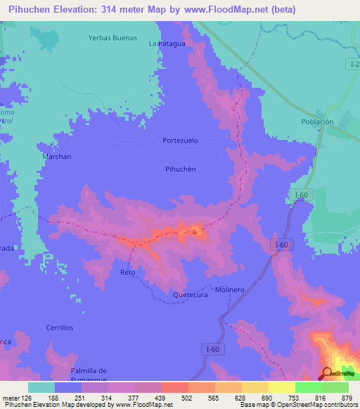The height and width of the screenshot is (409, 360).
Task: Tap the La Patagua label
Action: (x=167, y=44)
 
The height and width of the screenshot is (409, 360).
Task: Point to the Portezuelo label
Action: (x=181, y=141)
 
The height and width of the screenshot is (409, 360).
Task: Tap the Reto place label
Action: (x=127, y=272)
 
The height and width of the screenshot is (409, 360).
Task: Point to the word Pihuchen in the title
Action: (x=31, y=10)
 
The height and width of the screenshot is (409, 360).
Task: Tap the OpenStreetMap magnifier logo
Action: (x=327, y=373)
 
